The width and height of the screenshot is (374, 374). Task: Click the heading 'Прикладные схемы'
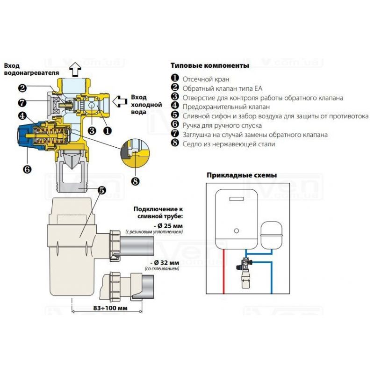point(241,175)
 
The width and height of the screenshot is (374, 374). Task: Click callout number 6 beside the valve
point(27,169)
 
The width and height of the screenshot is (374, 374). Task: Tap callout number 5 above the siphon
point(101,190)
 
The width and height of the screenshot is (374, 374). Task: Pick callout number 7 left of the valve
point(22,102)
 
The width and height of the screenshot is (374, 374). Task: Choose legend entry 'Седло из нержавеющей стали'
point(229,144)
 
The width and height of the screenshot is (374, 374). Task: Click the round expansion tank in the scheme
point(271,232)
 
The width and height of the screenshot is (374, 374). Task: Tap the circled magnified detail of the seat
point(134,151)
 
